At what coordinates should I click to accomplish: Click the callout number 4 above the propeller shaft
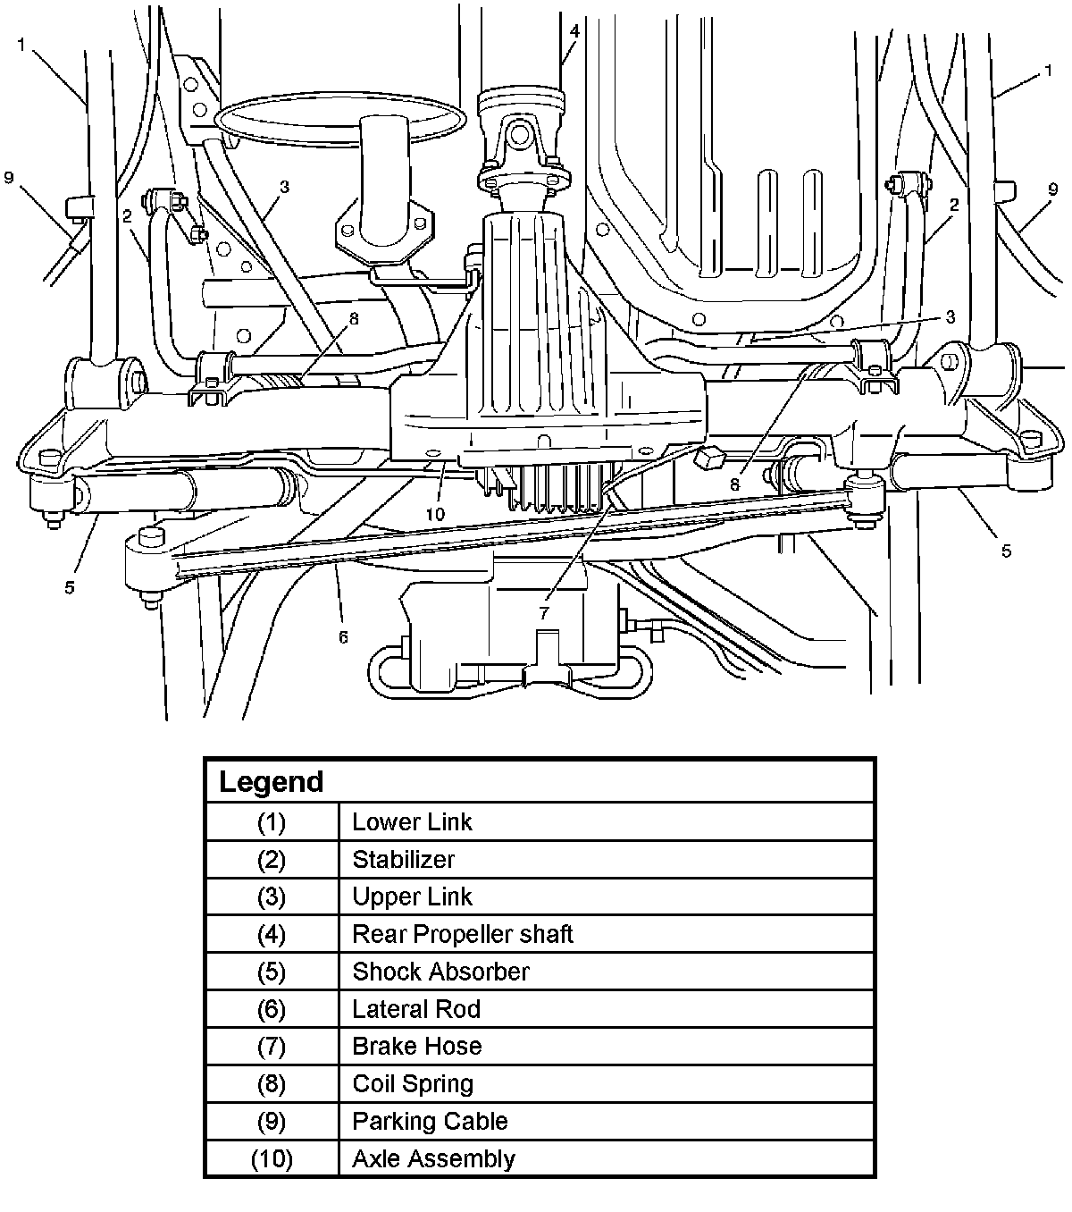[x=574, y=31]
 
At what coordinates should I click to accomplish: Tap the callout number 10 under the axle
[x=435, y=513]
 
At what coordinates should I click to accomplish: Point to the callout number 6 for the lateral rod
[x=343, y=636]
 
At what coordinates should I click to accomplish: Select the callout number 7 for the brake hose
[x=544, y=613]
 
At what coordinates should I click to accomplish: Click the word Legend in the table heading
[x=271, y=782]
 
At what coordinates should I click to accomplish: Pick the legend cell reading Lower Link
[x=412, y=822]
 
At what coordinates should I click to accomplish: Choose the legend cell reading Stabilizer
[x=403, y=860]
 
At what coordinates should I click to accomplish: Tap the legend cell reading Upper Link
[x=412, y=896]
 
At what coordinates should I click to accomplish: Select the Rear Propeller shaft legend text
[x=462, y=934]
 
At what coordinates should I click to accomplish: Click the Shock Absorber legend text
[x=440, y=972]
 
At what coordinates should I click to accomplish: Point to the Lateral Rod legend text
[x=416, y=1009]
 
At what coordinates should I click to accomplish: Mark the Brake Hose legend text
[x=416, y=1046]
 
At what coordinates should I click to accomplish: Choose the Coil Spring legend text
[x=413, y=1083]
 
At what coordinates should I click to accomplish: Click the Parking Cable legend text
[x=430, y=1121]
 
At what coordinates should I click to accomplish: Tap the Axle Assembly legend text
[x=433, y=1158]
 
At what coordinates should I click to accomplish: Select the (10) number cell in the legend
[x=272, y=1158]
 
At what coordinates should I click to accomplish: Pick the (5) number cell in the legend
[x=272, y=972]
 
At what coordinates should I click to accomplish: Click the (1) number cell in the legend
[x=272, y=822]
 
